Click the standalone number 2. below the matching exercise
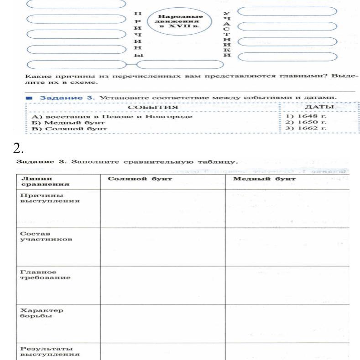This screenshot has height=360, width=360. point(22,149)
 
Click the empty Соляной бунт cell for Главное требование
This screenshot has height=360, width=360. point(162,284)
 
